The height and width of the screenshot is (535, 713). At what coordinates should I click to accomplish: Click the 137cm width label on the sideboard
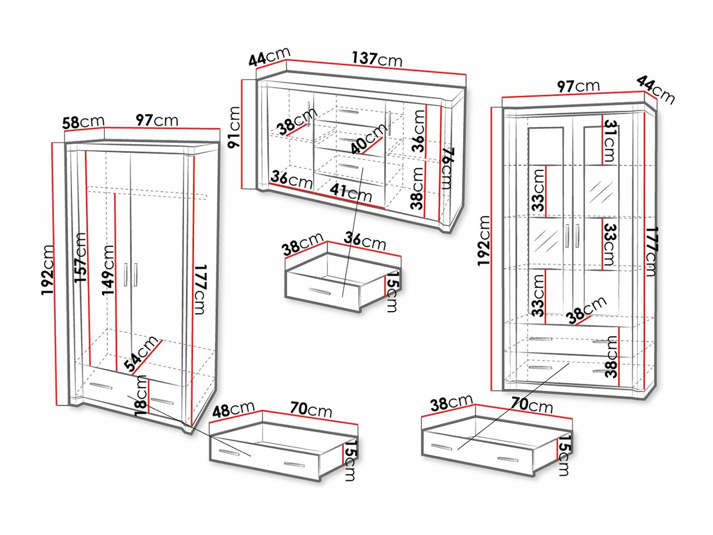(377, 59)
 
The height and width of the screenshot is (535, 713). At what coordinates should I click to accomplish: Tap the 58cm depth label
(83, 122)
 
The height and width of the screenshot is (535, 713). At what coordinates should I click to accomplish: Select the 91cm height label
(234, 127)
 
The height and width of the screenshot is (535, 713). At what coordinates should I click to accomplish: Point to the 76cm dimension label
(447, 169)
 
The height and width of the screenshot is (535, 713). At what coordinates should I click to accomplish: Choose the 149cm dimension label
(108, 270)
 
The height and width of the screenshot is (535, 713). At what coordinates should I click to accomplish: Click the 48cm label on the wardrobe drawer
(233, 410)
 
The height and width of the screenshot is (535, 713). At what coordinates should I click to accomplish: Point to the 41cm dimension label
(351, 193)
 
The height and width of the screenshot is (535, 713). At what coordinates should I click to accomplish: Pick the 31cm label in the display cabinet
(610, 140)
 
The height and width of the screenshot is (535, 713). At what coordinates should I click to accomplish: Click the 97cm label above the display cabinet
(579, 86)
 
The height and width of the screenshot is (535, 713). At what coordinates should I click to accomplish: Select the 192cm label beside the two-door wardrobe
(48, 270)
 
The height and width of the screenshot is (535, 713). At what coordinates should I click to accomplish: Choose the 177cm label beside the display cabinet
(651, 251)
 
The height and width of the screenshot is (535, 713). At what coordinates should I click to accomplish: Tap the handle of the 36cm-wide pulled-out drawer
(320, 291)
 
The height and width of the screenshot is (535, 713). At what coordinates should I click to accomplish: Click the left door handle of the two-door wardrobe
(125, 275)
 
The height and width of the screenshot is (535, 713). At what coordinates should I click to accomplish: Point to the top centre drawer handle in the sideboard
(348, 112)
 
